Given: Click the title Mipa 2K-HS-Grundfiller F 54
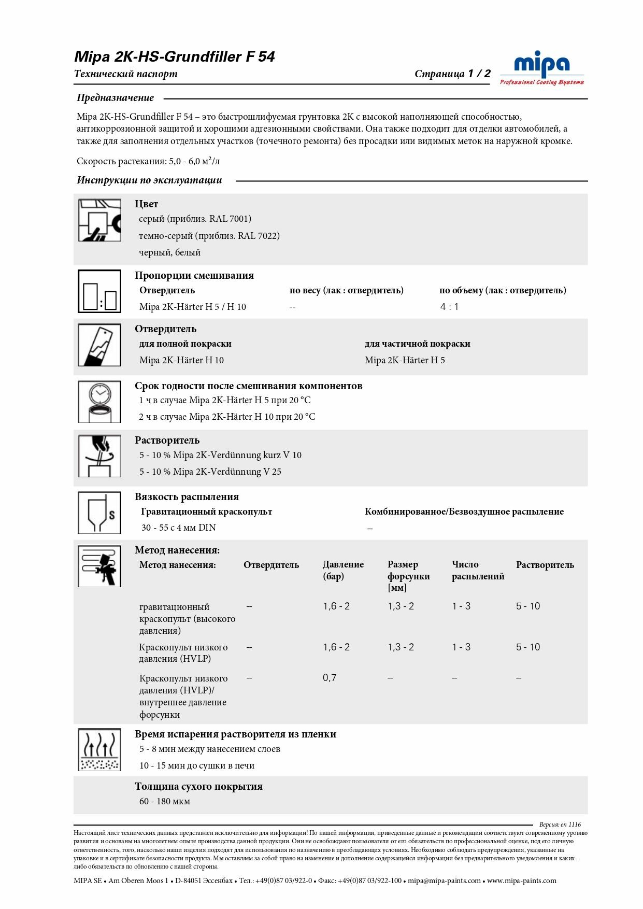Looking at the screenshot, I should pyautogui.click(x=175, y=56).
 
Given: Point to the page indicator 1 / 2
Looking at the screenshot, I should pyautogui.click(x=479, y=74).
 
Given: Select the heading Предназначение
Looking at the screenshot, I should pyautogui.click(x=116, y=97).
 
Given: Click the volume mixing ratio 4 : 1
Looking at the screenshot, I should pyautogui.click(x=449, y=307).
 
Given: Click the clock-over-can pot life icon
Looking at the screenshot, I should pyautogui.click(x=99, y=402).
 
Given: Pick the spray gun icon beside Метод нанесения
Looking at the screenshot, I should pyautogui.click(x=99, y=566).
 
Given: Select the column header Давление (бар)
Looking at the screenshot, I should pyautogui.click(x=343, y=570).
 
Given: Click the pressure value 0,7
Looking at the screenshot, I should pyautogui.click(x=330, y=678).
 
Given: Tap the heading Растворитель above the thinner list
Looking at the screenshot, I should pyautogui.click(x=167, y=440).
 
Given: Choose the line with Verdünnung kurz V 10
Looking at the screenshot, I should pyautogui.click(x=220, y=455).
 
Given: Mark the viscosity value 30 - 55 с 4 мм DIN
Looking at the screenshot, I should pyautogui.click(x=179, y=528).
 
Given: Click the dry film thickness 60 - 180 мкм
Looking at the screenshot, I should pyautogui.click(x=165, y=801).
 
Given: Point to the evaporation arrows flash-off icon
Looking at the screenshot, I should pyautogui.click(x=99, y=749).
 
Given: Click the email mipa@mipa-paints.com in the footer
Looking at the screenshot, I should pyautogui.click(x=444, y=880).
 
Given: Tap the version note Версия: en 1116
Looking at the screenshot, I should pyautogui.click(x=560, y=825).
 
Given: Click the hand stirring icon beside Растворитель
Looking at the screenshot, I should pyautogui.click(x=99, y=456).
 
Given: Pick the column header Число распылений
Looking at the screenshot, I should pyautogui.click(x=478, y=570).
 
